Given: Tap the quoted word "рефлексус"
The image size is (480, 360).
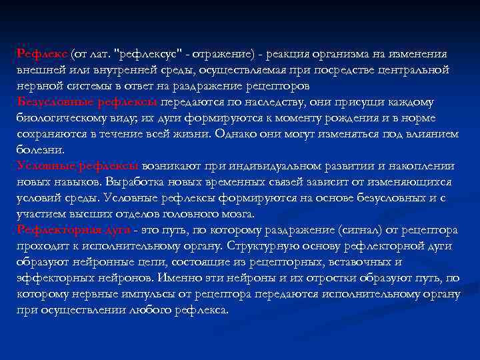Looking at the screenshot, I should (147, 54).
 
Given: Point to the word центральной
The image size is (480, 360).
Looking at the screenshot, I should (414, 70).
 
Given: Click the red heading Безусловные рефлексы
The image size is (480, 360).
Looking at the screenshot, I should (87, 102).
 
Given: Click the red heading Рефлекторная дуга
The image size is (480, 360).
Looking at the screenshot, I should (73, 230).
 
